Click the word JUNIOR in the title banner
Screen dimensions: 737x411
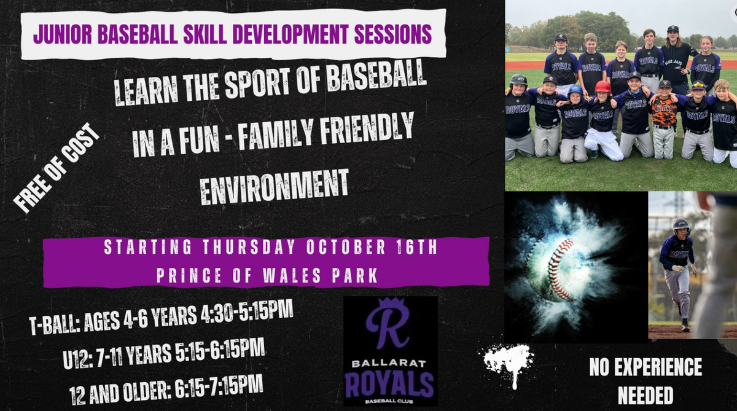pos(63,34)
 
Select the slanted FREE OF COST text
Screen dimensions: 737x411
pos(57,168)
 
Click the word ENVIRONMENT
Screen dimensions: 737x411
pos(275,187)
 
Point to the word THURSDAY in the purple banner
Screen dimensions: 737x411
pos(248,247)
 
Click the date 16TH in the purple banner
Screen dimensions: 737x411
pos(416,247)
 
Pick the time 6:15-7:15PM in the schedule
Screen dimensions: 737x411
pos(219,387)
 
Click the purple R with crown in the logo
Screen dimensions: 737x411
pos(388,323)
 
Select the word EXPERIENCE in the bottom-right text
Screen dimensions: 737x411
pos(658,367)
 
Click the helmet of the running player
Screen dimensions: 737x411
pos(680,227)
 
